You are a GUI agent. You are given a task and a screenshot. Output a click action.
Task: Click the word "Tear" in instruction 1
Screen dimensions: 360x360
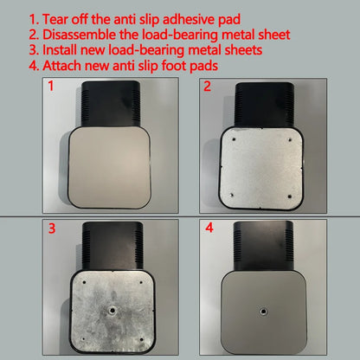coord(55,20)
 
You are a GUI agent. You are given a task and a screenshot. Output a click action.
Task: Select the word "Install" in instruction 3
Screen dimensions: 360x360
coord(60,50)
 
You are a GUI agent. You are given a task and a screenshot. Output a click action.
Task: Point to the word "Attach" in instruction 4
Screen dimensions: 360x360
coord(61,66)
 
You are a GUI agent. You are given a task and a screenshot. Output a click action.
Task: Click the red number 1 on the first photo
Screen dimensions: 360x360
coord(51,86)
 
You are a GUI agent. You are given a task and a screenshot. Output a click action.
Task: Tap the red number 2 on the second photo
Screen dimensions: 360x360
coord(207,87)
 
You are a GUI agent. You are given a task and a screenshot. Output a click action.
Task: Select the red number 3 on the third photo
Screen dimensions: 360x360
coord(52,228)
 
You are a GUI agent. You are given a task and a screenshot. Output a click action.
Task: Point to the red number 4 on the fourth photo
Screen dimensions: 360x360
coord(209,228)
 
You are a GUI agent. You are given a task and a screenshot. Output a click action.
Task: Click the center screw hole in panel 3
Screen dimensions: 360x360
coord(112,311)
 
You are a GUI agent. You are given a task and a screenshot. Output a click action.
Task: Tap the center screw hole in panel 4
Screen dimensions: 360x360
coord(263,312)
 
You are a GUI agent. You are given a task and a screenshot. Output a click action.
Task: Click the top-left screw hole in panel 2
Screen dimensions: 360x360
coord(234,139)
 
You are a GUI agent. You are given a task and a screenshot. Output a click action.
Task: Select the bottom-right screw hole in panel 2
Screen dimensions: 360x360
coord(290,196)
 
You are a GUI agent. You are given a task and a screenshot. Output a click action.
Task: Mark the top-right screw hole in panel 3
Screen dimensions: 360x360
coord(141,282)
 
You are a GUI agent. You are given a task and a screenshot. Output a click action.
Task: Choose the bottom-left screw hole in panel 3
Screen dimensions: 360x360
coord(83,339)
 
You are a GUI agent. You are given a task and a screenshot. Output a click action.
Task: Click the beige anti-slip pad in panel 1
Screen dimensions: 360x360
coord(110,167)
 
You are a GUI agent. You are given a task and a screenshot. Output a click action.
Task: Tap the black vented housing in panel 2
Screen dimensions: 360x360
coord(264,105)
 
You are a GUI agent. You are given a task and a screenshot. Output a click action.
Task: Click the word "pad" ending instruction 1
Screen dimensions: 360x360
coord(229,20)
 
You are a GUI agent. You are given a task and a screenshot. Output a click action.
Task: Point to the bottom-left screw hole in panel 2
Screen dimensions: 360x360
coord(232,196)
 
